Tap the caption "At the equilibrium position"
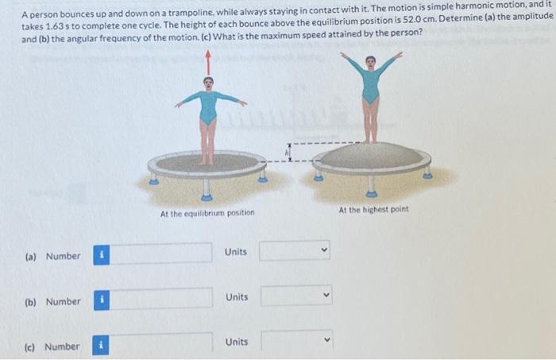tap(207, 213)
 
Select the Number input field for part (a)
tap(166, 255)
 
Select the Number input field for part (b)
tap(166, 300)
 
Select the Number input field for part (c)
tap(166, 345)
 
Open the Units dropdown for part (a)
tap(293, 252)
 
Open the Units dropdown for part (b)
tap(293, 296)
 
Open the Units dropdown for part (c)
tap(293, 342)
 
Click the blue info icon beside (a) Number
tap(102, 256)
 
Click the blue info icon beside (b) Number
tap(102, 301)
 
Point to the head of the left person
tap(209, 82)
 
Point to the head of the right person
tap(371, 61)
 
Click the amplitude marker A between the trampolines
tap(290, 153)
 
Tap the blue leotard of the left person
tap(208, 107)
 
